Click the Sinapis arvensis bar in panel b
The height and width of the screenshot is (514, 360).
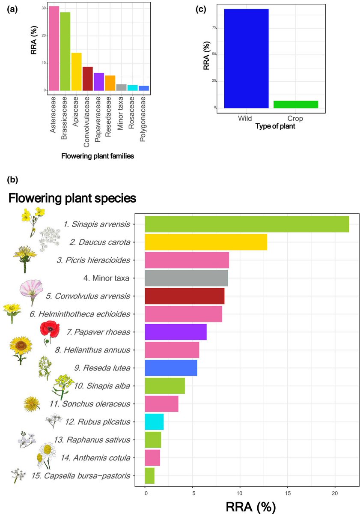(x=247, y=224)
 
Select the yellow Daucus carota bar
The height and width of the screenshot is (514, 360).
(x=206, y=242)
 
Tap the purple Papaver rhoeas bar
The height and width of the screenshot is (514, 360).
(x=176, y=332)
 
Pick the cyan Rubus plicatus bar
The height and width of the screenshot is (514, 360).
(x=154, y=422)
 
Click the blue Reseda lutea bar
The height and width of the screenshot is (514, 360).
(x=171, y=368)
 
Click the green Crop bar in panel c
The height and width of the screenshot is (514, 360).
(x=296, y=105)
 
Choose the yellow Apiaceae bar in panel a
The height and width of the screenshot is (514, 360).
(x=76, y=72)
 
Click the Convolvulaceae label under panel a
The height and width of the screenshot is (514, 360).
(x=87, y=118)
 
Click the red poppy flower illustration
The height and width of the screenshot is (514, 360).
(x=48, y=333)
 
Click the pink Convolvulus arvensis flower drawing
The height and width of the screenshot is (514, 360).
(x=30, y=292)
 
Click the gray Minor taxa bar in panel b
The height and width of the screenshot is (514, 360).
(x=186, y=278)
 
